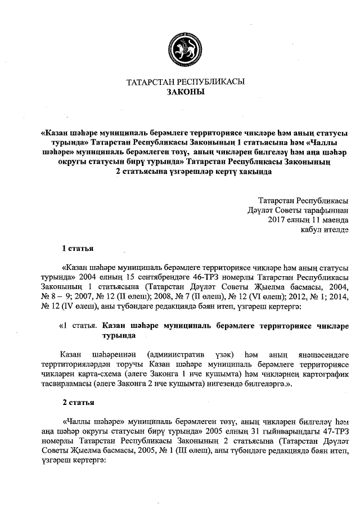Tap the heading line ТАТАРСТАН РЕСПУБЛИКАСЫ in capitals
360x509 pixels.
(186, 82)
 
